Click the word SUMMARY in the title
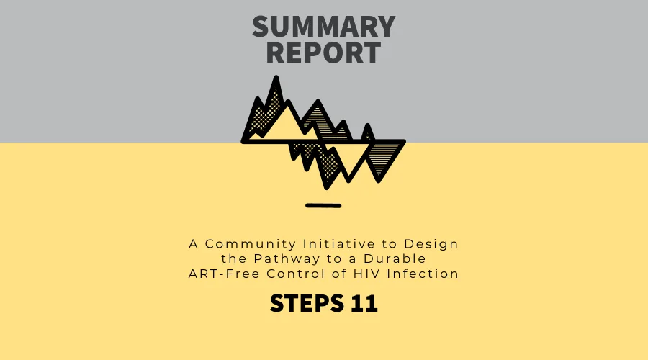[323, 27]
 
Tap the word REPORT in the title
[323, 53]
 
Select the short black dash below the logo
[323, 205]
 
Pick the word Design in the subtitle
[431, 244]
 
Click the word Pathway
[287, 259]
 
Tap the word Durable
[395, 258]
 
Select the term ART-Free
[224, 274]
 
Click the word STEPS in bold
[307, 303]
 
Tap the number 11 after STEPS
[364, 303]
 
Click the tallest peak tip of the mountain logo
[276, 77]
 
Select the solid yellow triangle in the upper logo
[285, 124]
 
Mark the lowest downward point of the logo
[326, 188]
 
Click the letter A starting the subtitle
[194, 244]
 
